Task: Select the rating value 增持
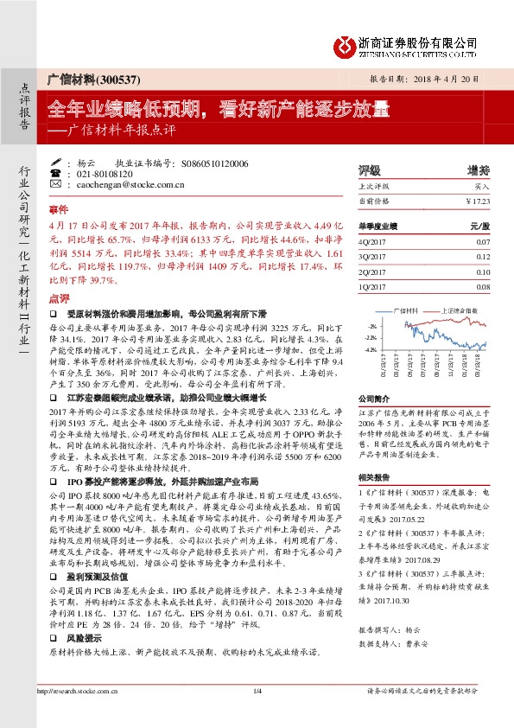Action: click(x=478, y=170)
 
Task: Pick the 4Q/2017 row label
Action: click(x=370, y=243)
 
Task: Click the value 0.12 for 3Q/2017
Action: click(x=482, y=257)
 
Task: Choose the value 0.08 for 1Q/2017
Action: click(x=482, y=286)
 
